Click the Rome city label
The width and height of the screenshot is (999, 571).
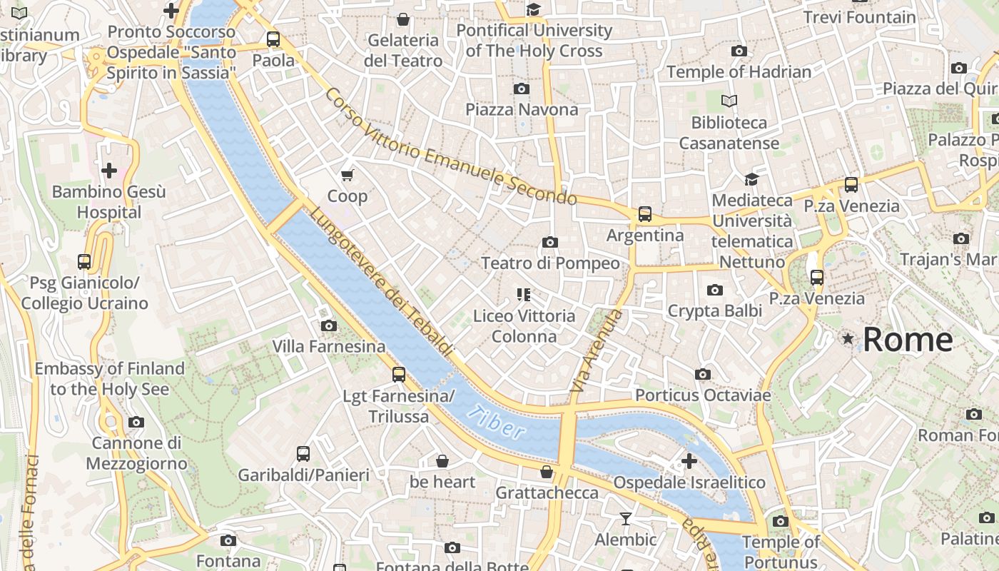pyautogui.click(x=908, y=339)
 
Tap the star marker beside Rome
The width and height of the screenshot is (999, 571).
pyautogui.click(x=848, y=339)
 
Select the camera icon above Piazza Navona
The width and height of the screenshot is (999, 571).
pyautogui.click(x=522, y=89)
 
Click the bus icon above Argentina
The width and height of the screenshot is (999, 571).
pyautogui.click(x=645, y=214)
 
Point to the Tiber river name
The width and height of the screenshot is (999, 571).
pyautogui.click(x=497, y=422)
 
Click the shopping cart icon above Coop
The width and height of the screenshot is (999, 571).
pyautogui.click(x=348, y=175)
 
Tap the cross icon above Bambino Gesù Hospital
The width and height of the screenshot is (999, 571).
pyautogui.click(x=109, y=171)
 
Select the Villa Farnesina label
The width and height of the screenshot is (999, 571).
pyautogui.click(x=329, y=347)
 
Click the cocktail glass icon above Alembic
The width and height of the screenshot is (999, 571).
pyautogui.click(x=626, y=519)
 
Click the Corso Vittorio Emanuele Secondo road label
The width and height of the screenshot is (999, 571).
pyautogui.click(x=450, y=146)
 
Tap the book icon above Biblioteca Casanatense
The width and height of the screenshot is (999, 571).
pyautogui.click(x=729, y=101)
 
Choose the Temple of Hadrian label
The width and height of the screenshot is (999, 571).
pyautogui.click(x=739, y=72)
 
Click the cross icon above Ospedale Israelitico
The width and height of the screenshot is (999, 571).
pyautogui.click(x=689, y=461)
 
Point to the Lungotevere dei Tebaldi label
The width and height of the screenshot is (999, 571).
pyautogui.click(x=381, y=282)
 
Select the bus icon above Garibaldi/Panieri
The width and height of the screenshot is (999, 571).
pyautogui.click(x=303, y=453)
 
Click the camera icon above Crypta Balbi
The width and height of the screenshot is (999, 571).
pyautogui.click(x=714, y=290)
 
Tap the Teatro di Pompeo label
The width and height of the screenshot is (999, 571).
pyautogui.click(x=550, y=263)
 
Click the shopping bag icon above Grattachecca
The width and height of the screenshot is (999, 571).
pyautogui.click(x=547, y=472)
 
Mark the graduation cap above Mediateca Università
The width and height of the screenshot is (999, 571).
pyautogui.click(x=751, y=178)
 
